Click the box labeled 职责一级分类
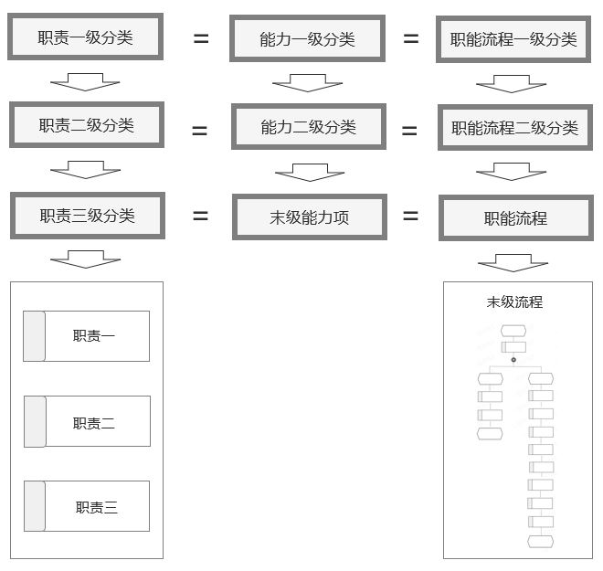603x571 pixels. pos(86,37)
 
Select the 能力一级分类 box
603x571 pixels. pos(307,38)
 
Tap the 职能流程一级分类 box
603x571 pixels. pos(513,39)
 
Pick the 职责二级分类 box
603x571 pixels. pos(87,125)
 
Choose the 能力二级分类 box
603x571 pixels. pos(308,127)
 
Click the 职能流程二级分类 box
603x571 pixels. pos(514,128)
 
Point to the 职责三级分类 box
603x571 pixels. pos(87,216)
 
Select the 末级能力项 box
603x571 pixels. pos(308,217)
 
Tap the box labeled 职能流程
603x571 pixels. pos(514,218)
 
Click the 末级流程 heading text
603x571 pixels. pos(514,301)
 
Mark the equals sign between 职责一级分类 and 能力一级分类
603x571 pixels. pos(200,39)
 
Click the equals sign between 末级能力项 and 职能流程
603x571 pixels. pos(410,217)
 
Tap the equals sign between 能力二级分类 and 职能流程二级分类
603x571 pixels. pos(409,132)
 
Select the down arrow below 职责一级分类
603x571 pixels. pos(85,83)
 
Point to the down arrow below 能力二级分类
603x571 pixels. pos(308,171)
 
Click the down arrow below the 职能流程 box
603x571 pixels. pos(513,263)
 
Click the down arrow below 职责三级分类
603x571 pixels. pos(86,259)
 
